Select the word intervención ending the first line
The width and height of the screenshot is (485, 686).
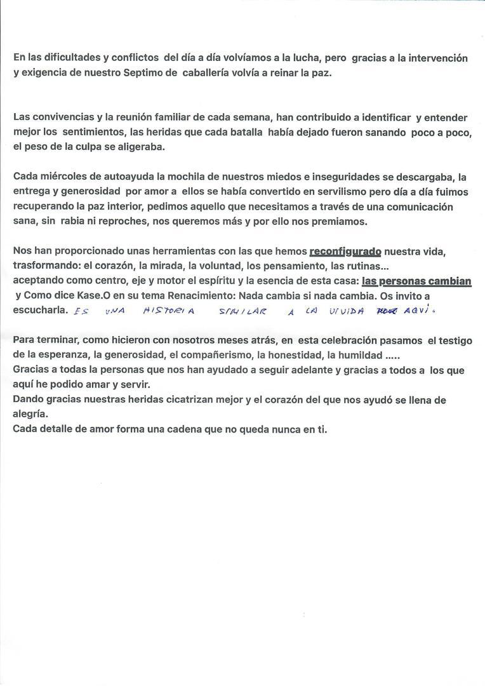(x=437, y=58)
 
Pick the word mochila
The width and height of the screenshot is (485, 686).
(x=189, y=177)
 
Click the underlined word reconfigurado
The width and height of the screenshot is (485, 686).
(x=345, y=252)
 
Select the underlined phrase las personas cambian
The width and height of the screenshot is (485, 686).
(x=416, y=281)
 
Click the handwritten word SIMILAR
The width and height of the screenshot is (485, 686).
(x=243, y=312)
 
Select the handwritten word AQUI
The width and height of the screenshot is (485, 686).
(x=420, y=311)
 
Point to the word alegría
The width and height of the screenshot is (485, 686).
(x=30, y=414)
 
